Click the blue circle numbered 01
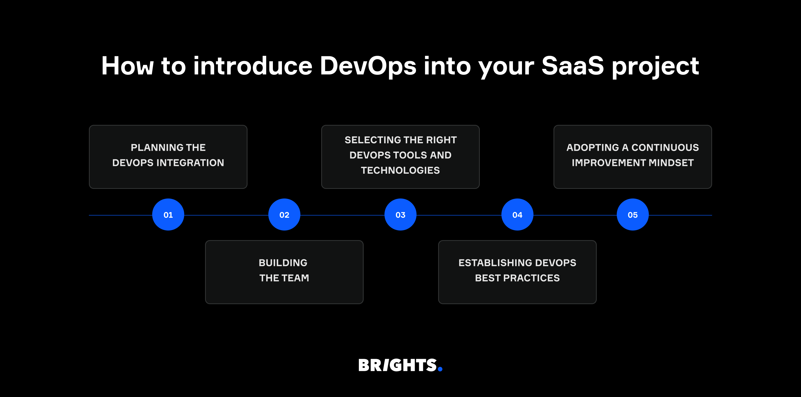pyautogui.click(x=168, y=215)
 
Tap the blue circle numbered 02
pyautogui.click(x=284, y=215)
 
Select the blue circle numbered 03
pyautogui.click(x=400, y=215)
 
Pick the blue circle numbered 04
pyautogui.click(x=517, y=215)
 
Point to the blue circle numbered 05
pyautogui.click(x=633, y=215)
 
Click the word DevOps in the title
pyautogui.click(x=368, y=66)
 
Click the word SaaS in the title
pyautogui.click(x=572, y=66)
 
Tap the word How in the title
pyautogui.click(x=127, y=66)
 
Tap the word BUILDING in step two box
pyautogui.click(x=283, y=263)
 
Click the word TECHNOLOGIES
pyautogui.click(x=400, y=170)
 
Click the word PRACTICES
pyautogui.click(x=531, y=278)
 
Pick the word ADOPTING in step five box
pyautogui.click(x=592, y=148)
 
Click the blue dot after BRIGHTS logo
pyautogui.click(x=440, y=369)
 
